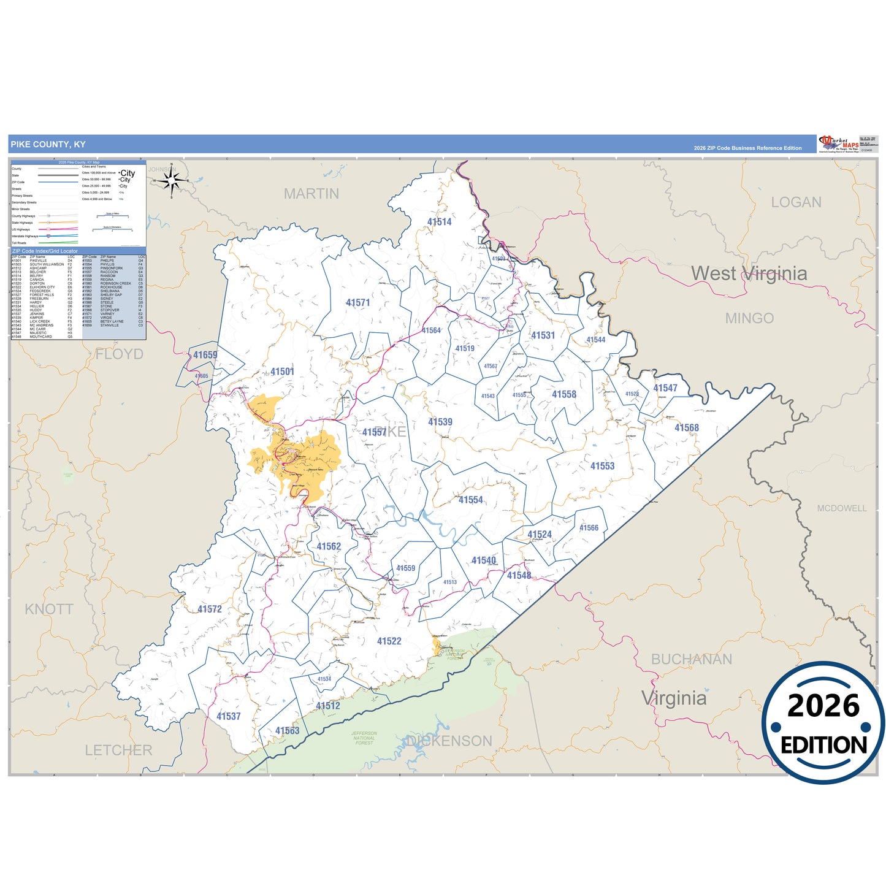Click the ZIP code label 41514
(x=439, y=222)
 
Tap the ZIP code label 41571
(x=357, y=302)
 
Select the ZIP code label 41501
(x=282, y=372)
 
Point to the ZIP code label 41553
(x=602, y=466)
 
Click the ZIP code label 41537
(x=228, y=716)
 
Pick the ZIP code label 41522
(x=389, y=641)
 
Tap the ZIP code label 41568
(x=686, y=428)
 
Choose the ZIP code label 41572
(x=209, y=609)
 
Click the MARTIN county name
(x=311, y=194)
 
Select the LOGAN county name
(x=796, y=202)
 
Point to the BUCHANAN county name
(x=691, y=659)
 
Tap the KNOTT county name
(x=49, y=609)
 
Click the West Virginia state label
(x=749, y=273)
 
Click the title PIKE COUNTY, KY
(x=48, y=145)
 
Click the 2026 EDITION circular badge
(x=823, y=724)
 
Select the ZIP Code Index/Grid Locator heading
(x=45, y=251)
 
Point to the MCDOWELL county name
(x=841, y=508)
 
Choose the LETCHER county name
(x=118, y=750)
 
